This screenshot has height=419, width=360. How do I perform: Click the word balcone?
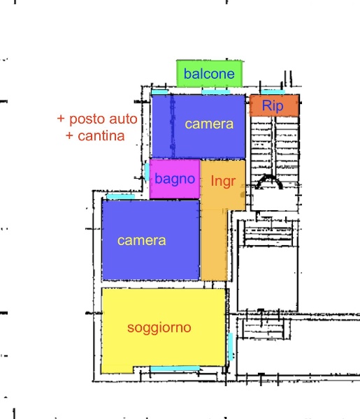208,73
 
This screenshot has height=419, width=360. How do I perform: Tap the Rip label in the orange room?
273,105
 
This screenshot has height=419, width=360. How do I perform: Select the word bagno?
174,179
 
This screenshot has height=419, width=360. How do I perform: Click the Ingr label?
221,181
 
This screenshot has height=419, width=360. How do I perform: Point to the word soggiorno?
159,328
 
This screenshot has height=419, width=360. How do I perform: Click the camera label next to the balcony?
209,124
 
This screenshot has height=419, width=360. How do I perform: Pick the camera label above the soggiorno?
142,240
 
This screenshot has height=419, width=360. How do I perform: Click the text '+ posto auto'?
98,119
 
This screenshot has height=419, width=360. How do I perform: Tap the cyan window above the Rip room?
273,91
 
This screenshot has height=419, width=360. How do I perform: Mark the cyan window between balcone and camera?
216,91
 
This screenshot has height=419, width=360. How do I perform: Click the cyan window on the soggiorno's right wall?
229,341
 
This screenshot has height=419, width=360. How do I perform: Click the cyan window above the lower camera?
120,197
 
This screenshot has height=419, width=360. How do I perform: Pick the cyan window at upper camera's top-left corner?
160,92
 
